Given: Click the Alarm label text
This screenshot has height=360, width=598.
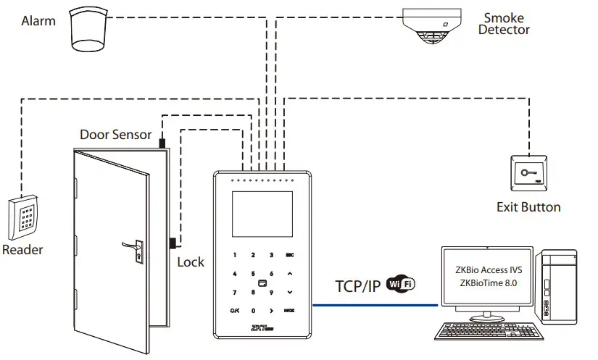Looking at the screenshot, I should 38,21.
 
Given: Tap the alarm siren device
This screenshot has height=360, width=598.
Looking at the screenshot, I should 88,31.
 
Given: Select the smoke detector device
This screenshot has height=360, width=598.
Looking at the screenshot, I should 433,27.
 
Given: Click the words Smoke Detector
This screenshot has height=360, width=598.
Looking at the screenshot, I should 504,23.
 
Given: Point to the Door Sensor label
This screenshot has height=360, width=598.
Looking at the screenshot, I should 115,134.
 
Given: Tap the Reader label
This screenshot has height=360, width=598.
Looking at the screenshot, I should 22,250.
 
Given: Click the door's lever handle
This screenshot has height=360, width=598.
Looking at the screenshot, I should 131,246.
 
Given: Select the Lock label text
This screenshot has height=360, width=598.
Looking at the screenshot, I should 191,262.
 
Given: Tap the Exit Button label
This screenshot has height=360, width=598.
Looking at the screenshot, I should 528,207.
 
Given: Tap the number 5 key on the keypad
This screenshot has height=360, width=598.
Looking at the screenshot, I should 252,274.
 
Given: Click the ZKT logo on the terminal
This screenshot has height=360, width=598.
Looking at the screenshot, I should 261,327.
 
